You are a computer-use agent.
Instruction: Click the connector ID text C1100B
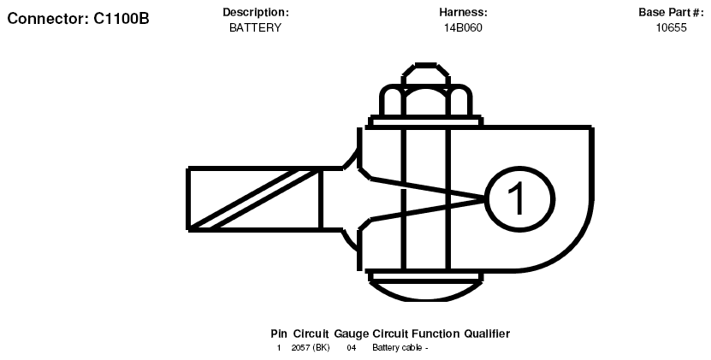click(121, 19)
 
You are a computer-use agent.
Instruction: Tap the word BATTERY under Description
click(255, 27)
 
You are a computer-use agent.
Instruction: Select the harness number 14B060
click(463, 27)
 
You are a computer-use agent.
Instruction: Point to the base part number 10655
click(671, 27)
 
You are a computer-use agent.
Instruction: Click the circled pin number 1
click(519, 199)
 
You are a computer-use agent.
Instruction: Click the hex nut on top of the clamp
click(426, 101)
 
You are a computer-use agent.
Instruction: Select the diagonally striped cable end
click(255, 199)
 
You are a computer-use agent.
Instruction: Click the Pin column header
click(278, 333)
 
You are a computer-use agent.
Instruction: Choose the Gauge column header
click(352, 334)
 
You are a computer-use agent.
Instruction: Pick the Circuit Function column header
click(416, 333)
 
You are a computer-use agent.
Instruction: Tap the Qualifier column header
click(487, 333)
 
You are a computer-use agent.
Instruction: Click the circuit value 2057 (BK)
click(311, 348)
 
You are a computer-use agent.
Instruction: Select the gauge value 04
click(352, 348)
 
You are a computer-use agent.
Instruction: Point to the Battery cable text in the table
click(398, 348)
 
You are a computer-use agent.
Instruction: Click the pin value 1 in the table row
click(278, 348)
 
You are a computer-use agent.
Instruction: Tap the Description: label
click(255, 12)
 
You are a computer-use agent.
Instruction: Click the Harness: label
click(463, 12)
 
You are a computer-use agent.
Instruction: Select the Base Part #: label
click(671, 12)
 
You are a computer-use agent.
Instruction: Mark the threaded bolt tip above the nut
click(426, 74)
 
